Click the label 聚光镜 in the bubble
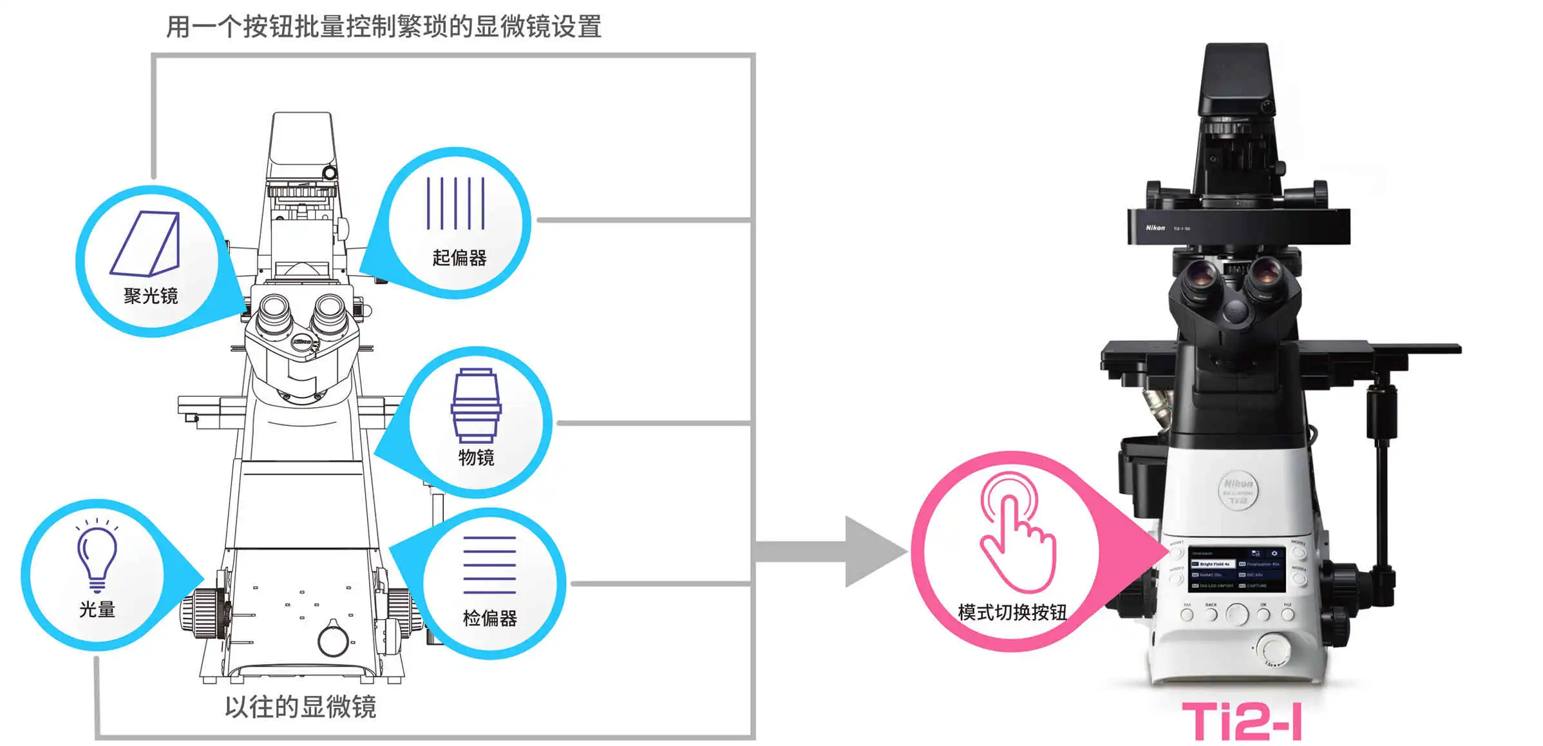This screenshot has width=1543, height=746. [x=151, y=296]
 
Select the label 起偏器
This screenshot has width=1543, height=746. [x=459, y=258]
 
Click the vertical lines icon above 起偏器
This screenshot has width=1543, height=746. [x=456, y=203]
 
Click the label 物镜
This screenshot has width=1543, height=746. [x=476, y=457]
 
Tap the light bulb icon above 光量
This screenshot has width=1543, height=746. [x=97, y=555]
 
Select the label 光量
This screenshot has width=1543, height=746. [x=97, y=609]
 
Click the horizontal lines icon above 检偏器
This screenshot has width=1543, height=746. [x=489, y=565]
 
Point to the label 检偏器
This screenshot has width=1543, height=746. [x=489, y=618]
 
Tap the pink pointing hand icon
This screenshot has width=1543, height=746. [x=1016, y=535]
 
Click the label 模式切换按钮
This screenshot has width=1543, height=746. [x=1012, y=612]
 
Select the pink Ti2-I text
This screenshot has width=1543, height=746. [x=1242, y=722]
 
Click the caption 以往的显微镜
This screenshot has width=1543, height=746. [x=301, y=707]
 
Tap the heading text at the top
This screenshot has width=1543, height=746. [x=384, y=27]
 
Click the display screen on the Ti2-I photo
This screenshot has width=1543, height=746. [x=1236, y=569]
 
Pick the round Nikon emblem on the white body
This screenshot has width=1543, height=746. [x=1237, y=491]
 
